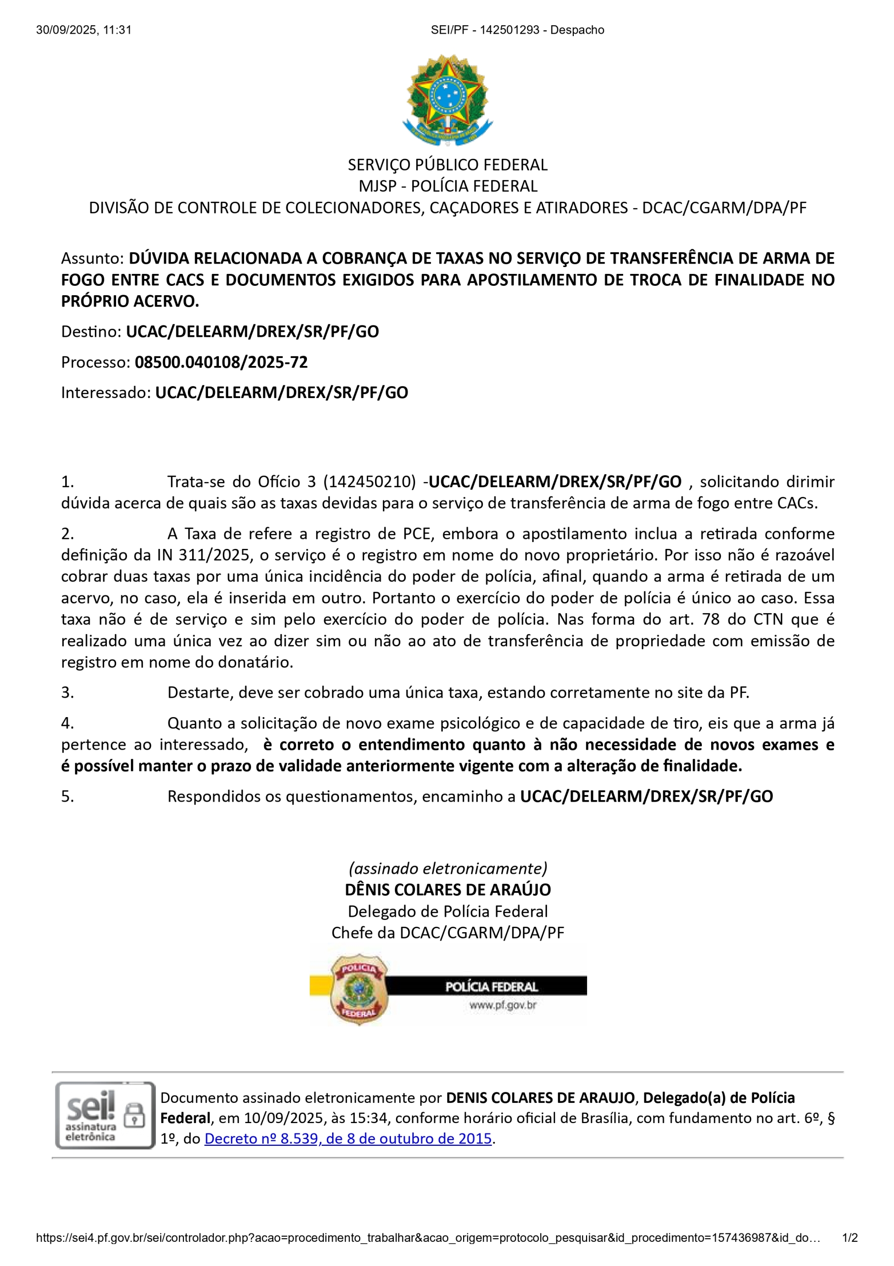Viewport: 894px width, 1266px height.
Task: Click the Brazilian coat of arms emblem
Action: click(447, 100)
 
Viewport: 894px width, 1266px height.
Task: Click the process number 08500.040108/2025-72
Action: click(221, 362)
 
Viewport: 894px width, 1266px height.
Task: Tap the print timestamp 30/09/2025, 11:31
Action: click(84, 30)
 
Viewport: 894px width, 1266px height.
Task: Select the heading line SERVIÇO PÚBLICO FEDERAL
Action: click(447, 165)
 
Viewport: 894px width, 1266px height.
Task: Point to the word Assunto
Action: click(91, 258)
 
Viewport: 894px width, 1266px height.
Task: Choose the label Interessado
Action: click(105, 393)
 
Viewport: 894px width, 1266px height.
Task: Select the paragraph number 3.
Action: click(67, 692)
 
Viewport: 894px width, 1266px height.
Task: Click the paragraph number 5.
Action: click(67, 796)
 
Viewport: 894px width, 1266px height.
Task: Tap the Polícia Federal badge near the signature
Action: click(359, 990)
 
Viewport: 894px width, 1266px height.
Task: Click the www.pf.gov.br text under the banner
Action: click(503, 1005)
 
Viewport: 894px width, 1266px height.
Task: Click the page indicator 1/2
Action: click(850, 1238)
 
